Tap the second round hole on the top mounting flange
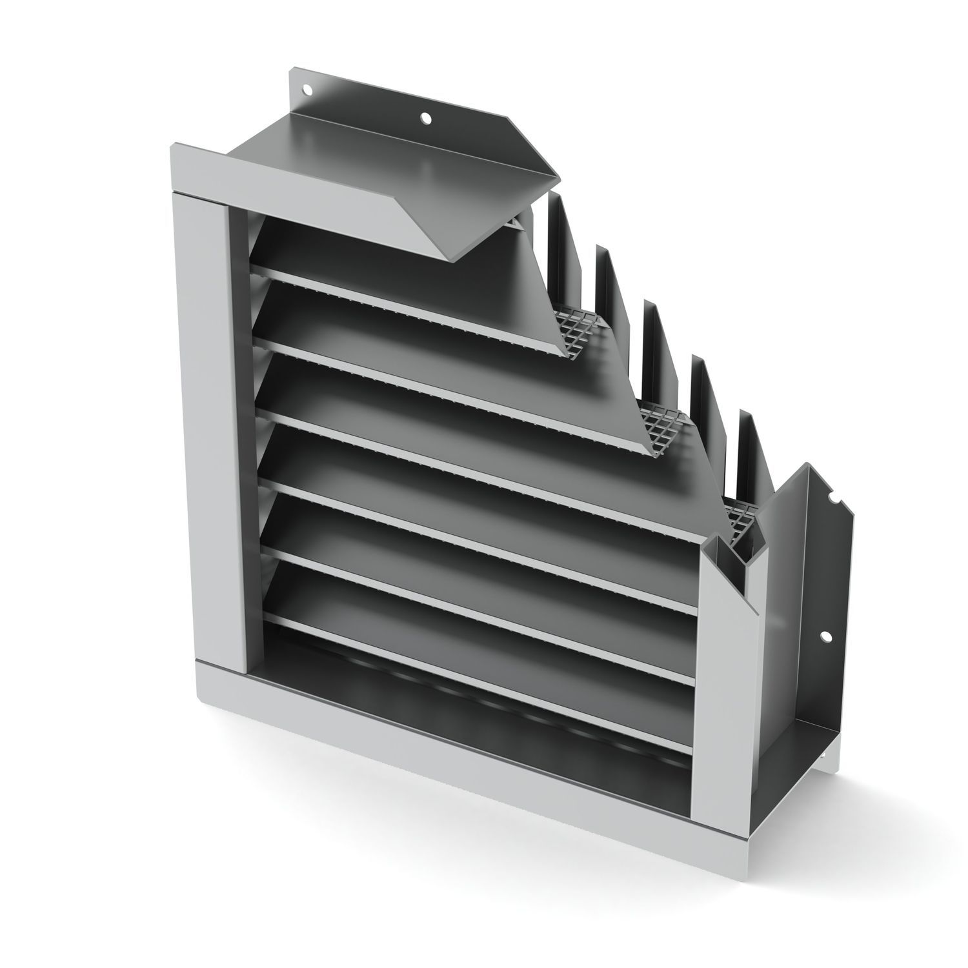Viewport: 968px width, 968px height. coord(425,117)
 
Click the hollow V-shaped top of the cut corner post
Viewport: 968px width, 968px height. coord(736,549)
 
